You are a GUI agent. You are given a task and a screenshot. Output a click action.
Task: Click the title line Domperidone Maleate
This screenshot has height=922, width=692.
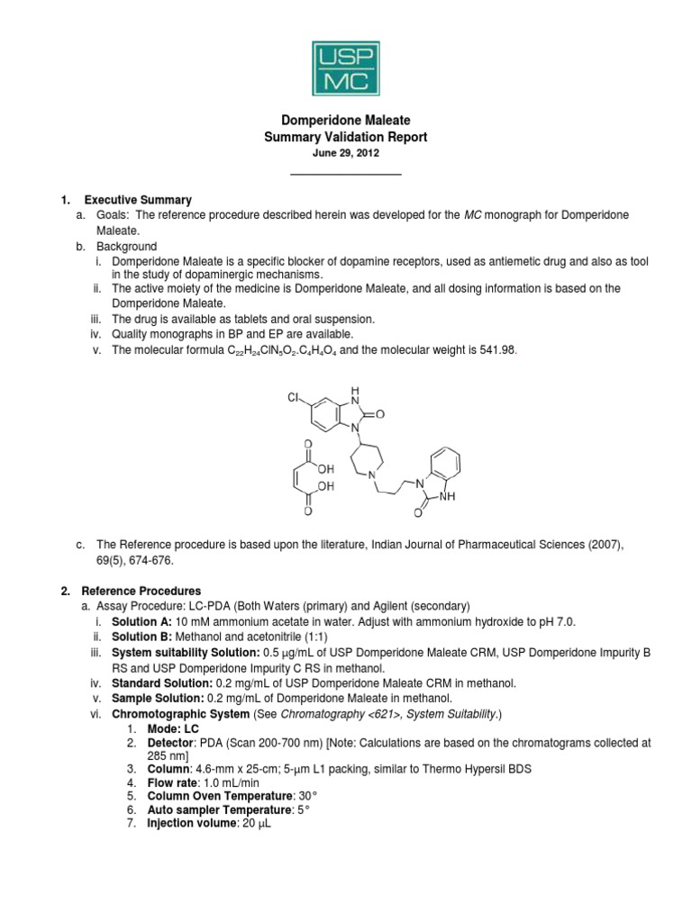coord(345,121)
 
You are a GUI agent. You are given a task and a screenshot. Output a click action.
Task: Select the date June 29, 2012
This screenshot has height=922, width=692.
coord(345,154)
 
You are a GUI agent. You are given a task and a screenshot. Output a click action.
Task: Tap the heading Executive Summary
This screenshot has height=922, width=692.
coord(137,200)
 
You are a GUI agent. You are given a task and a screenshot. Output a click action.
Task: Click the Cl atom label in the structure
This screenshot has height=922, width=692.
coord(294,397)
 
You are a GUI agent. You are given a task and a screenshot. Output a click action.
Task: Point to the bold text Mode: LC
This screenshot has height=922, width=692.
coord(171,728)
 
